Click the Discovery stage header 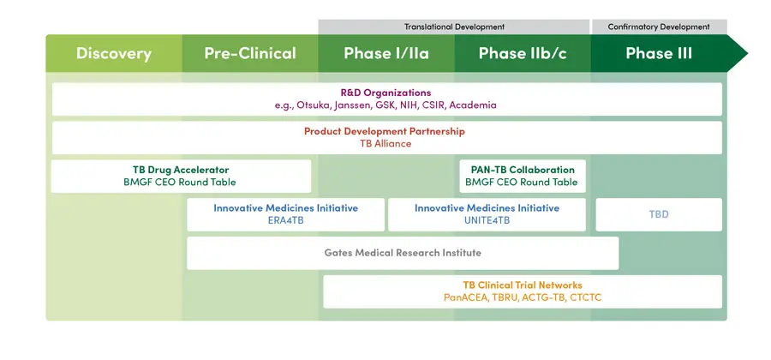click(114, 53)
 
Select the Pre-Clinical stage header click(250, 53)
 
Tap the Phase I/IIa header click(386, 53)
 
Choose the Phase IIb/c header click(523, 53)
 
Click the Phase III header click(659, 53)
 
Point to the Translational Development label click(454, 27)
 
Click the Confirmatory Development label click(659, 27)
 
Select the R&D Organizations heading click(386, 93)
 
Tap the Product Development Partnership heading click(385, 131)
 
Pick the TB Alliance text click(385, 144)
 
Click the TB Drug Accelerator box click(181, 176)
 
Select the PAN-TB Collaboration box click(523, 176)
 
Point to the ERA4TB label click(285, 220)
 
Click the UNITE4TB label click(487, 220)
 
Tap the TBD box click(659, 214)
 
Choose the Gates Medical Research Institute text click(403, 253)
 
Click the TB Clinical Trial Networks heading click(523, 285)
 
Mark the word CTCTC click(586, 298)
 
